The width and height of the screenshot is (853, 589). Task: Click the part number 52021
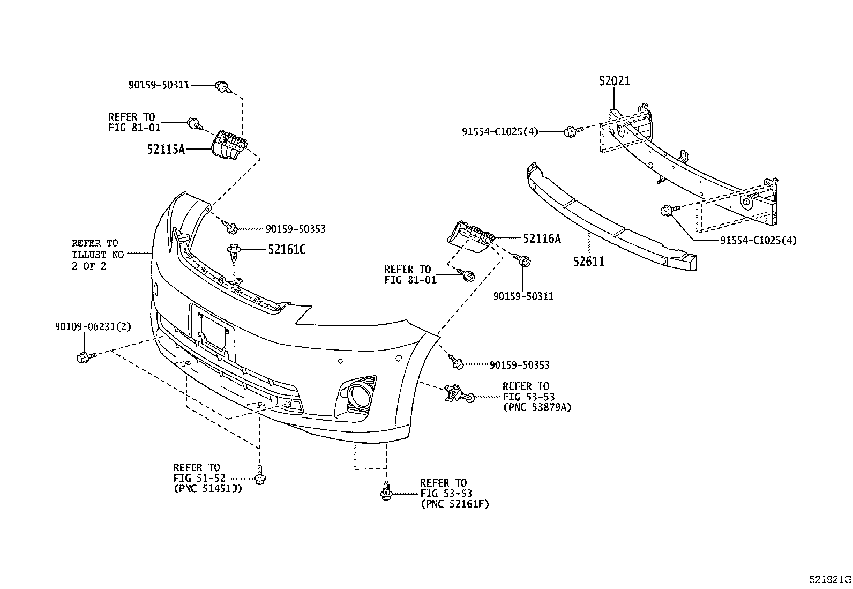coord(614,81)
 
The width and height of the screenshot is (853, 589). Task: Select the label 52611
coord(589,262)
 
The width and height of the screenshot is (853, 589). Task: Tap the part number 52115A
coord(166,149)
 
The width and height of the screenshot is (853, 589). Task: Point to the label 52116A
coord(542,239)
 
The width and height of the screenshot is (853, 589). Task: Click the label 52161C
coord(286,250)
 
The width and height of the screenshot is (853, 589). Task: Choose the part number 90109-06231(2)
coord(93,326)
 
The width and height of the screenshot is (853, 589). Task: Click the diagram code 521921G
coord(830,579)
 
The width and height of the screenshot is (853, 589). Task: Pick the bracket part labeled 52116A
coord(470,236)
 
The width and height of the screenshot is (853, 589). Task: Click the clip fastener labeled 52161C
coord(234,254)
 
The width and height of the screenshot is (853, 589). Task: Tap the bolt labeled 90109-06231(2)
coord(86,357)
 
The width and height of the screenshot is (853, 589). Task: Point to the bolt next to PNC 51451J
coord(260,475)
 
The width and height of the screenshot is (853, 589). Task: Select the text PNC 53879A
coord(537,407)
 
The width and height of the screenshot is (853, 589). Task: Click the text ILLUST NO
coord(98,254)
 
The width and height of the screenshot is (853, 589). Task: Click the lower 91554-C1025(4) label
coord(758,241)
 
